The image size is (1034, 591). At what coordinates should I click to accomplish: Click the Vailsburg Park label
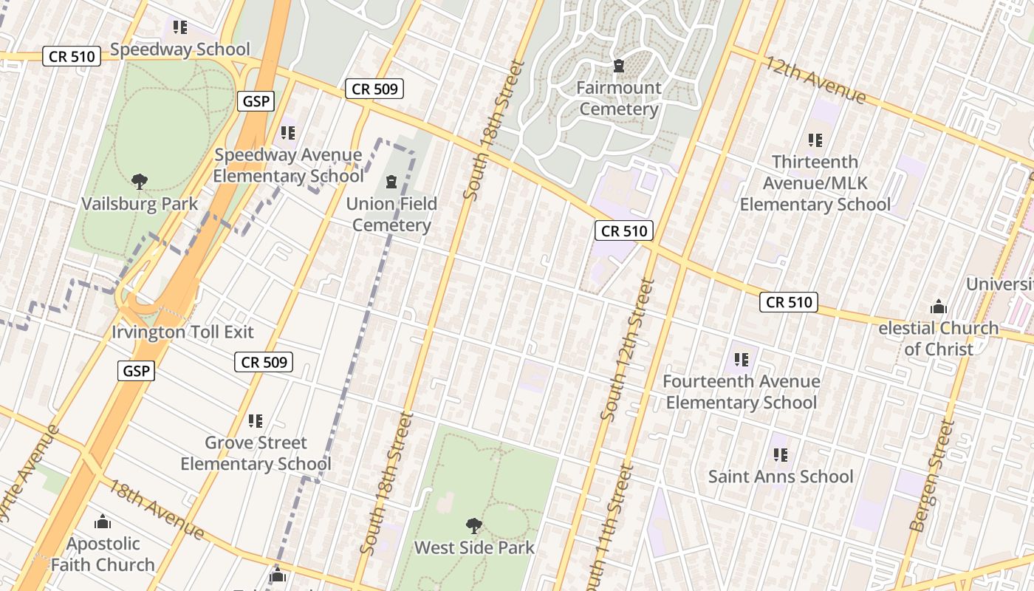tap(140, 203)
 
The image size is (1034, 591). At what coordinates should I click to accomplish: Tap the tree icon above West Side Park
tap(474, 526)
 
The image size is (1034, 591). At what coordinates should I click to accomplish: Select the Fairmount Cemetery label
tap(619, 98)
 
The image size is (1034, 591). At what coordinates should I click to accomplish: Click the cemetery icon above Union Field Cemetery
tap(391, 181)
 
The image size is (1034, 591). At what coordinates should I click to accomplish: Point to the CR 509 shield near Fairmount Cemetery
tap(374, 89)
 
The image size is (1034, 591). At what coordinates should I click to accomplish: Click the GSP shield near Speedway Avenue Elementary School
tap(256, 101)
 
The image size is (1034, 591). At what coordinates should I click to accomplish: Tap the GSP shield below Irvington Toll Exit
tap(137, 371)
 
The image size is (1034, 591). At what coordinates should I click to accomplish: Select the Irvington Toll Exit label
tap(182, 332)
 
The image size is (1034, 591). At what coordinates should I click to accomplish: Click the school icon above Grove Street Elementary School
tap(256, 421)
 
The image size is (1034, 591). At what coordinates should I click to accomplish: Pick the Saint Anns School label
tap(781, 476)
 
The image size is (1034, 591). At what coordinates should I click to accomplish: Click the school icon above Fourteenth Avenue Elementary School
tap(742, 360)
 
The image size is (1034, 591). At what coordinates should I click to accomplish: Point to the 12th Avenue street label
tap(815, 80)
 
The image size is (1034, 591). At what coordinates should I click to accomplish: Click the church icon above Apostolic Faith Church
tap(103, 522)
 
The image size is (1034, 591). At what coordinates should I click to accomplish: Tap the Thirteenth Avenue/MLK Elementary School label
tap(815, 182)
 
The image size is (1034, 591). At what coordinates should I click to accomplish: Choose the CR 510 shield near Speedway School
tap(72, 56)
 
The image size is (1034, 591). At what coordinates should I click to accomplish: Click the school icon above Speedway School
tap(180, 27)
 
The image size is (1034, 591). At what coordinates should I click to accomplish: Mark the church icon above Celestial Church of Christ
tap(939, 306)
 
